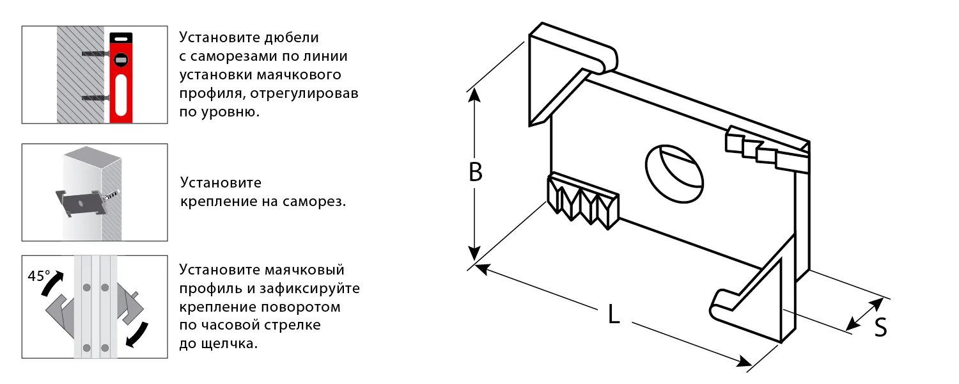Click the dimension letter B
(x=475, y=172)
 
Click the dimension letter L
(x=614, y=314)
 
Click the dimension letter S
(x=880, y=328)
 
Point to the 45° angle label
(x=39, y=276)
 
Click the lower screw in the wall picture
(x=96, y=98)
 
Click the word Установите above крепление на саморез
(x=221, y=183)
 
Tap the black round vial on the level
(x=120, y=60)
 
